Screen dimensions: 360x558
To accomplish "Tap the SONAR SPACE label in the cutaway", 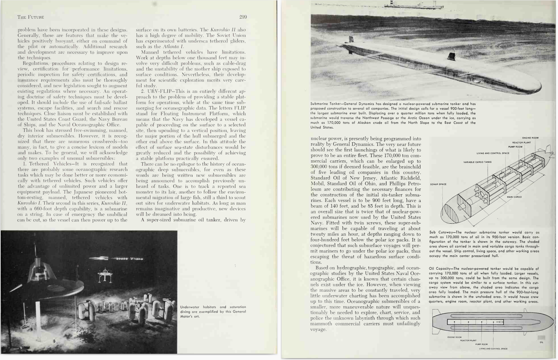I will pyautogui.click(x=438, y=184).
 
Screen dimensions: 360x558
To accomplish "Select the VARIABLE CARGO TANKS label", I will pyautogui.click(x=477, y=162).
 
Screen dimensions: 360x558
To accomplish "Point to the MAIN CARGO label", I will pyautogui.click(x=514, y=197).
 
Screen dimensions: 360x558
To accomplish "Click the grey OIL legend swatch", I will pyautogui.click(x=541, y=338).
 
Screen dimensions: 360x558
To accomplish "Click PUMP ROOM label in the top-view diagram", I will pyautogui.click(x=481, y=345).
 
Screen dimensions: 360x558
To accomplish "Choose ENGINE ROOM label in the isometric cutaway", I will pyautogui.click(x=530, y=138).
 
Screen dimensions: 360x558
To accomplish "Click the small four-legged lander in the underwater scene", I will pyautogui.click(x=103, y=276).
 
